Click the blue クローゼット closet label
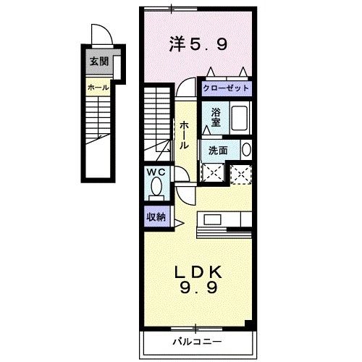click(x=226, y=88)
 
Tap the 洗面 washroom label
click(x=218, y=150)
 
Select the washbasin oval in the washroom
click(x=245, y=150)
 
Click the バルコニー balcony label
click(x=197, y=340)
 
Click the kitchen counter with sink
click(x=224, y=219)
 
